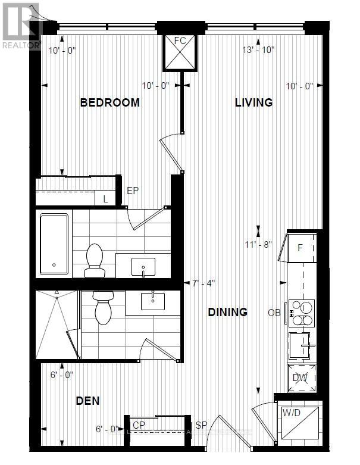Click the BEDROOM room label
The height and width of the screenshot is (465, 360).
(x=110, y=102)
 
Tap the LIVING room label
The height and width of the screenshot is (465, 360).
(x=253, y=102)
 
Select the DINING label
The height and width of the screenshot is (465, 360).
(x=227, y=312)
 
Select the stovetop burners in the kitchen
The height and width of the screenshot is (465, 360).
(x=302, y=313)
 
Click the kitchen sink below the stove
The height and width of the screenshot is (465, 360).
(x=302, y=345)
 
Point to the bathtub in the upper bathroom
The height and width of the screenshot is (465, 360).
(x=54, y=244)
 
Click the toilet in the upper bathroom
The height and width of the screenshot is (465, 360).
(x=95, y=261)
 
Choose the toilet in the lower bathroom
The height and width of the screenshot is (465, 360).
(x=103, y=307)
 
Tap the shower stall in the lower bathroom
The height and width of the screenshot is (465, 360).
(x=57, y=326)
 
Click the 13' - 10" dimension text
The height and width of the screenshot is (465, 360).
(x=258, y=50)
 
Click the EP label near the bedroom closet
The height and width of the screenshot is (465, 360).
(x=133, y=192)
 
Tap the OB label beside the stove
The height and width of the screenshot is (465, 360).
(x=274, y=313)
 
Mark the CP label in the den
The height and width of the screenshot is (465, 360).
(x=139, y=425)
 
